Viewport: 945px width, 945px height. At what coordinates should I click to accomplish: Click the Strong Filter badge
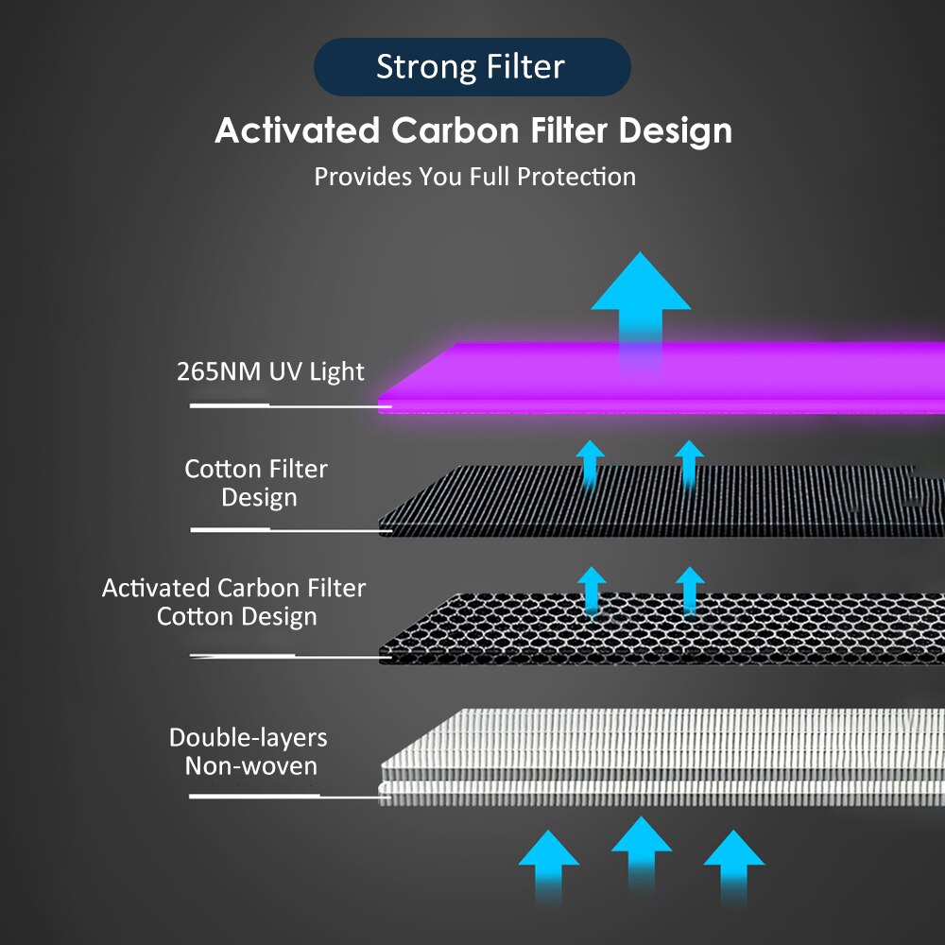coord(472,67)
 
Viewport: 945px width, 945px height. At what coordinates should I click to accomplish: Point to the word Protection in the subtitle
coord(576,177)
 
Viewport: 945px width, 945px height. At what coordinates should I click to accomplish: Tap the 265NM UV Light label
coord(270,371)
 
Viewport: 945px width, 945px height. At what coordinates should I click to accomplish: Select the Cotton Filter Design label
coord(257,483)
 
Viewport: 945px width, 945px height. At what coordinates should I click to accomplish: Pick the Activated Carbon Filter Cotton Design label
coord(233,601)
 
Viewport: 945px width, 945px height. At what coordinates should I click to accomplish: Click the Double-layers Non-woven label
coord(249,751)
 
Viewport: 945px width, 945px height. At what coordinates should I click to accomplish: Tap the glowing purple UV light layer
coord(661,378)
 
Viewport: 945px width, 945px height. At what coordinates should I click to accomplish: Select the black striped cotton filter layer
coord(661,500)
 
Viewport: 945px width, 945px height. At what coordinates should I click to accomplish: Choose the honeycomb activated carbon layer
coord(661,628)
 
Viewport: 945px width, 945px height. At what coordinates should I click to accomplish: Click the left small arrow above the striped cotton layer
coord(590,463)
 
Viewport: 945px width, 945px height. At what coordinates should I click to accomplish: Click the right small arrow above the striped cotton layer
coord(690,463)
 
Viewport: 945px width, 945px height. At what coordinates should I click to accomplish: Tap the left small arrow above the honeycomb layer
coord(592,591)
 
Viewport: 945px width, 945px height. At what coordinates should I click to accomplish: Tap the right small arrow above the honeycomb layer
coord(690,591)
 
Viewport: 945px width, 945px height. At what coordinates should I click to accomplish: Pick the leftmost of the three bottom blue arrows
coord(548,867)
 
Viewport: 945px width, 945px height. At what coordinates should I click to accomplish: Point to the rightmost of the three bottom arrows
coord(734,867)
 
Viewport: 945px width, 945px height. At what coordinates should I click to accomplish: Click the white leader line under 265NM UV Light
coord(290,406)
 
